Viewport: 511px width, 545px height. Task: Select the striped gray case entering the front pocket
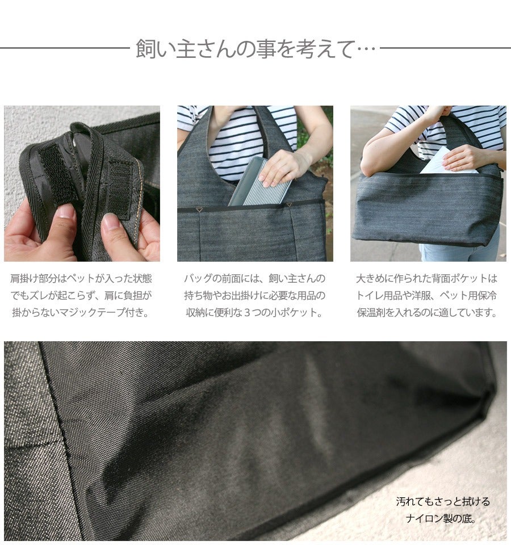[260, 182]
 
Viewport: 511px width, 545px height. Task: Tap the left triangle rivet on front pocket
[199, 209]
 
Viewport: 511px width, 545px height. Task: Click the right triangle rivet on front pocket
[289, 206]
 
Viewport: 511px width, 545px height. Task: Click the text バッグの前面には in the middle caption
[222, 278]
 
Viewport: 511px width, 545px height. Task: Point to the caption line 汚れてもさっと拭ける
[443, 501]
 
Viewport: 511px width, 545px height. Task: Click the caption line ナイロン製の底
[441, 518]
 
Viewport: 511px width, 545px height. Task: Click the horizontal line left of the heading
[65, 48]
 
